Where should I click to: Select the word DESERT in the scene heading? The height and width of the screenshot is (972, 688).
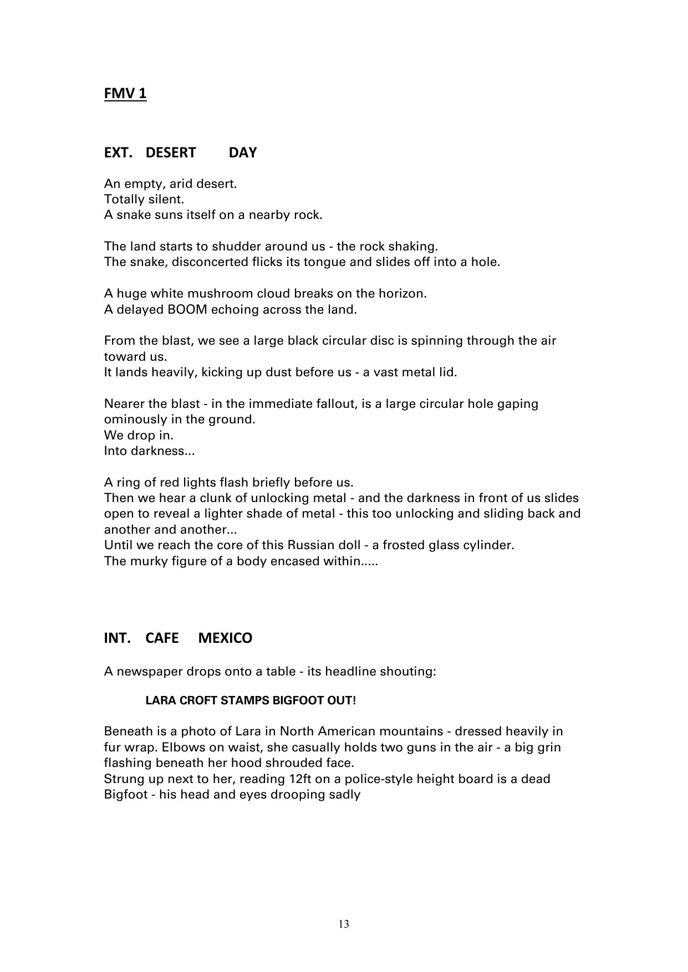[x=171, y=153]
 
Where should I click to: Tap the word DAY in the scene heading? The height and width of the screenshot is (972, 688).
[x=243, y=153]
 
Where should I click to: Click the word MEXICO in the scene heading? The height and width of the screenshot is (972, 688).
[x=225, y=638]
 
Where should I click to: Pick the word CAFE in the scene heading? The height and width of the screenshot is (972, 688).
[x=162, y=638]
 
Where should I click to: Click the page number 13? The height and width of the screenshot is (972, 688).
[x=344, y=924]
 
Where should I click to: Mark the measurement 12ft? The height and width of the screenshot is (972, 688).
[x=303, y=779]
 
